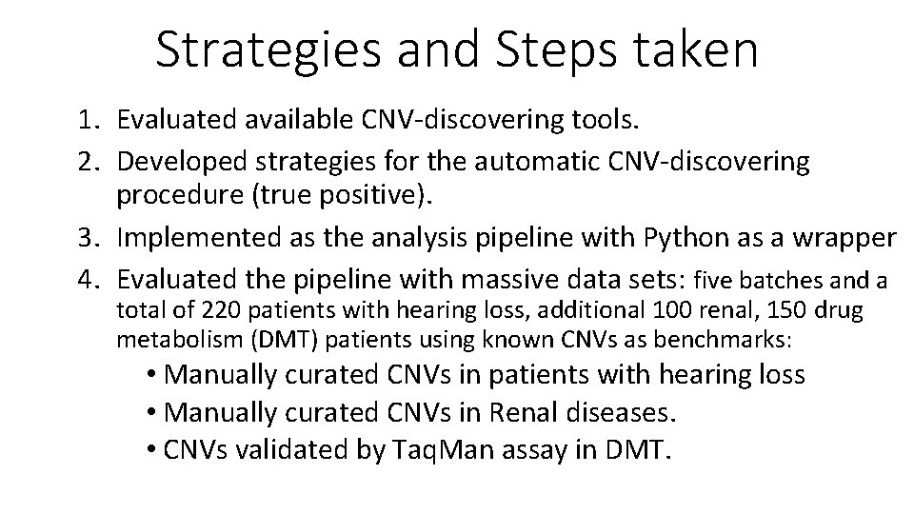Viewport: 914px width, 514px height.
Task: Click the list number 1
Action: pyautogui.click(x=89, y=120)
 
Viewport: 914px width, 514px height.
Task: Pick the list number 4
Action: pyautogui.click(x=89, y=279)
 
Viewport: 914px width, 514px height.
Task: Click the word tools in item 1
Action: pyautogui.click(x=609, y=120)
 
